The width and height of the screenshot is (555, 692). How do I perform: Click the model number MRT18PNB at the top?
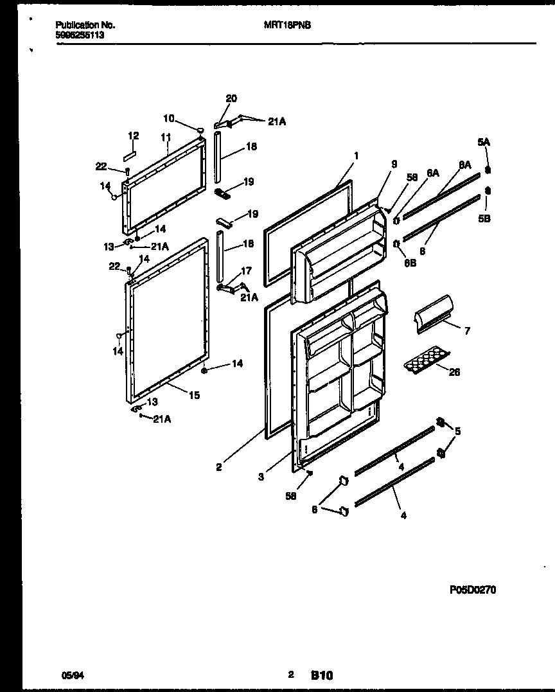click(284, 25)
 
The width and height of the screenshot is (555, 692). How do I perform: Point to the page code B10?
click(322, 675)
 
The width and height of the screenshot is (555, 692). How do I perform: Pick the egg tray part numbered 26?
click(426, 363)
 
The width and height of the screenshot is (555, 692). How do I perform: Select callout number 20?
click(231, 98)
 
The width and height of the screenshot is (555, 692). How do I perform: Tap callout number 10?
click(168, 118)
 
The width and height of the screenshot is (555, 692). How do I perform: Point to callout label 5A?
click(483, 141)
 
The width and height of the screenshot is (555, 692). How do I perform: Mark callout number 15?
click(194, 395)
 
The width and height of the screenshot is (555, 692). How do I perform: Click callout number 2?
click(219, 468)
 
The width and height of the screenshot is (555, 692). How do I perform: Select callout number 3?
click(261, 476)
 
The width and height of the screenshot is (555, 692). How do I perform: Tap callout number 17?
click(246, 271)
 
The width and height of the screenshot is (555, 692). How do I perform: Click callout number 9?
click(394, 164)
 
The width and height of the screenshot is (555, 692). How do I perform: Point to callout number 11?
click(166, 137)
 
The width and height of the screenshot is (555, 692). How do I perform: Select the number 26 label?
click(454, 372)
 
